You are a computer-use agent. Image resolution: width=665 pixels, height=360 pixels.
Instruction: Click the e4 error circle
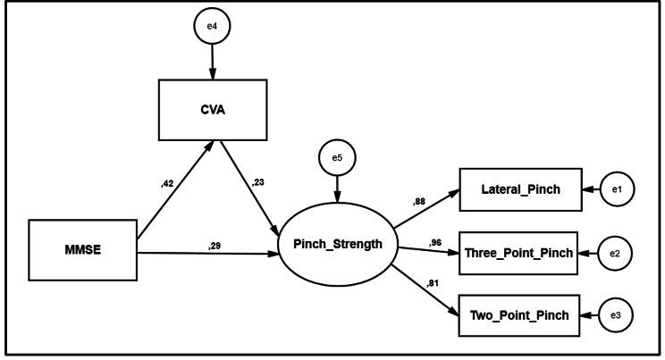pos(212,25)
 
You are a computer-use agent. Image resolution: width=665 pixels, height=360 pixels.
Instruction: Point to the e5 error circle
pos(336,157)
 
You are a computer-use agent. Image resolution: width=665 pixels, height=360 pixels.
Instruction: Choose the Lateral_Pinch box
pos(520,189)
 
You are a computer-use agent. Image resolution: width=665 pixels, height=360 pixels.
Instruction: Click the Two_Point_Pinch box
pos(520,315)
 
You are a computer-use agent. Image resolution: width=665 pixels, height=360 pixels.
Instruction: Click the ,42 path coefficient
pos(166,184)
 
